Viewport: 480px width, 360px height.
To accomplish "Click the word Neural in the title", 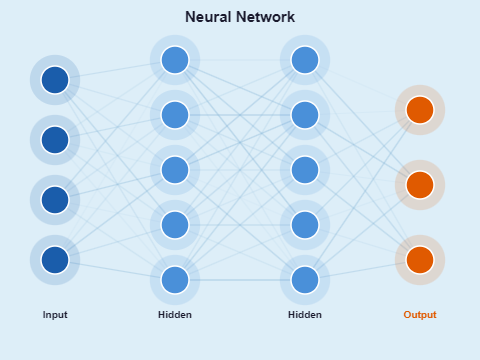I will click(x=207, y=17).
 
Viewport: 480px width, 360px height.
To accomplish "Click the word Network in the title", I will click(x=263, y=17).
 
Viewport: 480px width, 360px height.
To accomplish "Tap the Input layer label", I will click(x=55, y=315).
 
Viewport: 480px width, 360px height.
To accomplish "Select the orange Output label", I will click(x=420, y=315).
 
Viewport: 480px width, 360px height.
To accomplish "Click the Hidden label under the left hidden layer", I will click(x=175, y=315).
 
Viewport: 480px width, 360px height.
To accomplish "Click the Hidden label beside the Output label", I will click(x=305, y=315).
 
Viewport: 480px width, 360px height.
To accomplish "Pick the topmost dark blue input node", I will click(x=55, y=80).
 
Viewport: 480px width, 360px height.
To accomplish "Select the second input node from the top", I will click(x=55, y=140).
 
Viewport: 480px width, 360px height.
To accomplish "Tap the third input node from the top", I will click(x=55, y=200).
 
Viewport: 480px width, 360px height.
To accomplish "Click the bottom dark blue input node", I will click(x=55, y=260).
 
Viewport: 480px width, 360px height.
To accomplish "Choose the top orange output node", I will click(x=420, y=110).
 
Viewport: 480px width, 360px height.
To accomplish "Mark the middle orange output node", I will click(x=420, y=185).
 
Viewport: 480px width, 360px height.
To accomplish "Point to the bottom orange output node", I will click(x=420, y=260).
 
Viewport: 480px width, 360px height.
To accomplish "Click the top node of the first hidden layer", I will click(x=175, y=60).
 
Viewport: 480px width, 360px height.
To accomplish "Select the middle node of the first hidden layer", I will click(x=175, y=170).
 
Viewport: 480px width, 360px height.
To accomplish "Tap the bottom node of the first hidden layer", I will click(x=175, y=280).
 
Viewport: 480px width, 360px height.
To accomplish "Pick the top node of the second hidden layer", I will click(x=305, y=60).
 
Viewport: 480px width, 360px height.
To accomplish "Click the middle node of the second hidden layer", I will click(x=305, y=170).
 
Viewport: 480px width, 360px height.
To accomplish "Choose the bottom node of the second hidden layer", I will click(x=305, y=280).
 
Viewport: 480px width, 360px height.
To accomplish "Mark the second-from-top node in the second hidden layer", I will click(x=305, y=115).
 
